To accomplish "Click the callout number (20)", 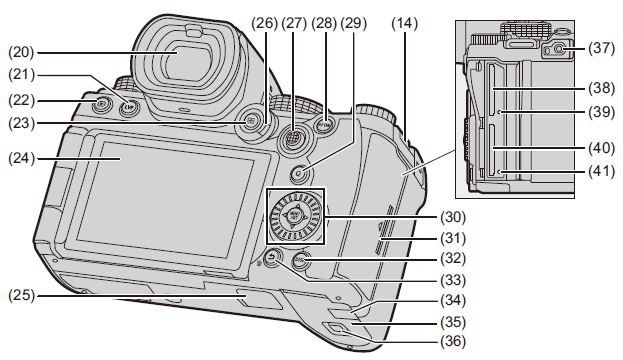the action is (x=21, y=52).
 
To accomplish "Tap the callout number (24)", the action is (x=21, y=159).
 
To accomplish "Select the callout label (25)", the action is (x=21, y=296).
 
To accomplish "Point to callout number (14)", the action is (x=405, y=24).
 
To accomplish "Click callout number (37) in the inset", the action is (x=602, y=48).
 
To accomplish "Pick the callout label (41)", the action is (x=602, y=172).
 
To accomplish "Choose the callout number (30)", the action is (x=453, y=217).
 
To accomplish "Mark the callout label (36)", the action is (x=453, y=341).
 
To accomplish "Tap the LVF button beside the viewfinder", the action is (x=128, y=106).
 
